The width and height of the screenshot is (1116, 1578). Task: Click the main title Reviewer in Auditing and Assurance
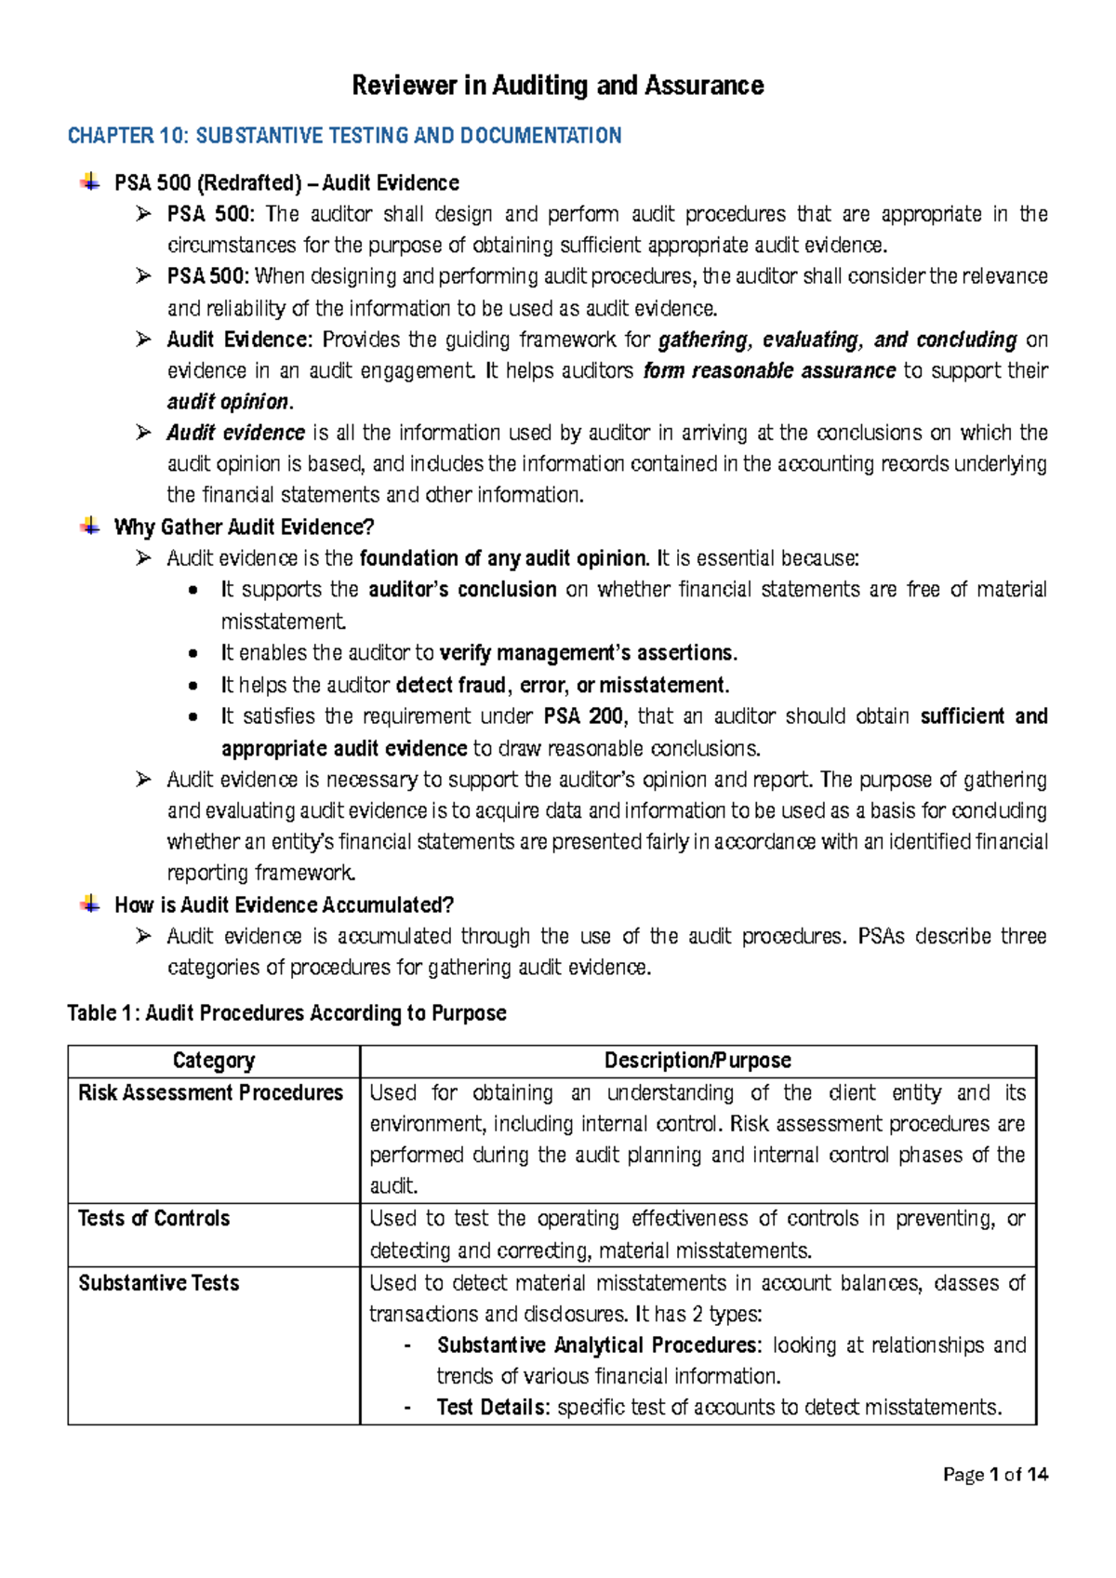point(557,86)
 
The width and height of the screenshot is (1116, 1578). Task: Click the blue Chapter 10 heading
point(344,136)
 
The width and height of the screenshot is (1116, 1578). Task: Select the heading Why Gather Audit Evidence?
point(244,528)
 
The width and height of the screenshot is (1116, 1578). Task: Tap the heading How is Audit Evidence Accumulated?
point(284,905)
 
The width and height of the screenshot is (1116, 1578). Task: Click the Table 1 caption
point(286,1013)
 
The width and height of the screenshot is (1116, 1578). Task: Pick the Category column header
point(213,1061)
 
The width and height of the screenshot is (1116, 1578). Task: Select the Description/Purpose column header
point(697,1061)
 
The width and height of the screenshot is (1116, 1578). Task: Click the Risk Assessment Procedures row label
point(210,1093)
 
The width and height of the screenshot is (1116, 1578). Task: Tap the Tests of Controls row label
point(153,1219)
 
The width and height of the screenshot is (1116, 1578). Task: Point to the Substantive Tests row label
point(158,1283)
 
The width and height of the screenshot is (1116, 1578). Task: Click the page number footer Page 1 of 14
point(995,1474)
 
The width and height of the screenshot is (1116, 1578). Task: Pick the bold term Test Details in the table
point(493,1408)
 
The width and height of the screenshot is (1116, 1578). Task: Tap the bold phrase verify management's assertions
point(588,653)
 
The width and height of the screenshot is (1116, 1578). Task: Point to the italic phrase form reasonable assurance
point(769,371)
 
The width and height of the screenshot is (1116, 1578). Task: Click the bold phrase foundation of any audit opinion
point(503,559)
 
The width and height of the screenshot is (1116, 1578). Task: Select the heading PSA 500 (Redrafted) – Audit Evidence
point(286,183)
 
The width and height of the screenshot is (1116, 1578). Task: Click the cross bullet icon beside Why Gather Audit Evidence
point(89,527)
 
